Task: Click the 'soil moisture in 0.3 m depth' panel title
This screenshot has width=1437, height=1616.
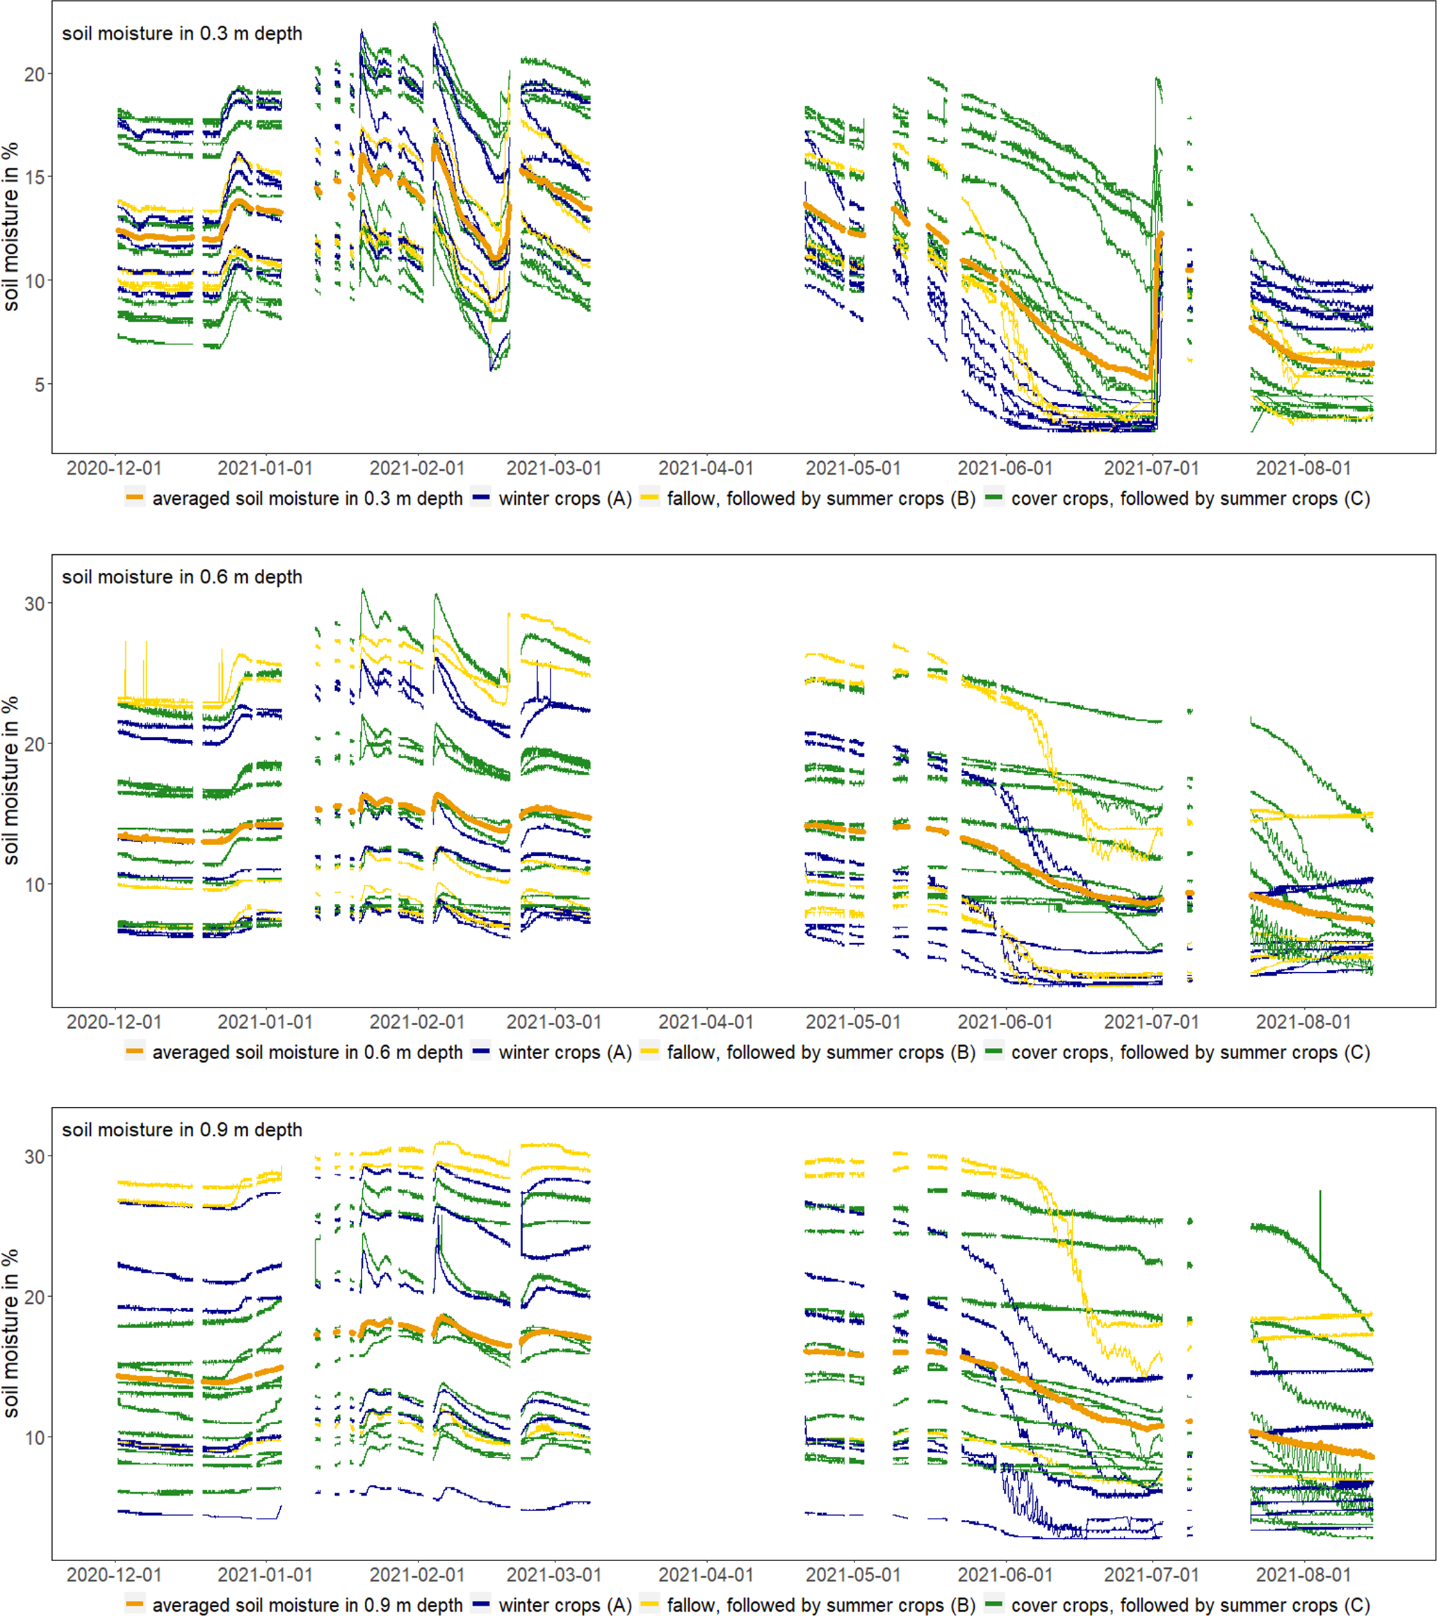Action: (x=182, y=34)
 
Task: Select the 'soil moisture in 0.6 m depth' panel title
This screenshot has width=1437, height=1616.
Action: (x=182, y=577)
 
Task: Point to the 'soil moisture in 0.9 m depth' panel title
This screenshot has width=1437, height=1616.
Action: (x=182, y=1130)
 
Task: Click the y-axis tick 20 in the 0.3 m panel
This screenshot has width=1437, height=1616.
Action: (x=35, y=75)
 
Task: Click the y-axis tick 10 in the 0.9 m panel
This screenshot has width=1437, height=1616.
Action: (x=35, y=1438)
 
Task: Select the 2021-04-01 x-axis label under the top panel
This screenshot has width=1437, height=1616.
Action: (x=705, y=468)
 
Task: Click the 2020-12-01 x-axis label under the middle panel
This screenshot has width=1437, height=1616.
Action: (x=114, y=1022)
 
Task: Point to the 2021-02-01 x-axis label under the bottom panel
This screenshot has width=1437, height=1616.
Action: (x=416, y=1575)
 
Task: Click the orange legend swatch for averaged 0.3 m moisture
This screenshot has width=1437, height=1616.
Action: (x=135, y=499)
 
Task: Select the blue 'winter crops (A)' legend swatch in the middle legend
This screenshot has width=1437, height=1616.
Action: (x=480, y=1052)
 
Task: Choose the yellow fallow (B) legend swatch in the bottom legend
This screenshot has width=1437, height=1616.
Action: (x=649, y=1605)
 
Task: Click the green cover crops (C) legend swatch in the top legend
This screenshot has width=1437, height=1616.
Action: (x=994, y=499)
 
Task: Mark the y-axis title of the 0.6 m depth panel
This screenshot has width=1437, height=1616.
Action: (x=11, y=780)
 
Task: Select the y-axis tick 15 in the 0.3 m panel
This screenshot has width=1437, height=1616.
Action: (x=35, y=178)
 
